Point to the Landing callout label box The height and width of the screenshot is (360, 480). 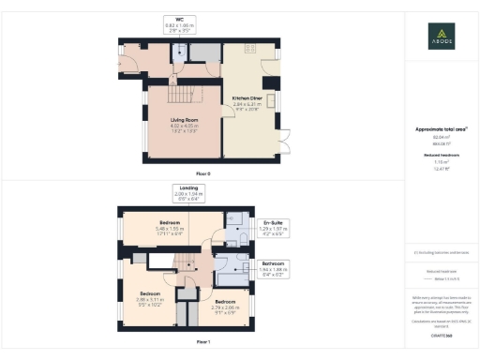click(187, 194)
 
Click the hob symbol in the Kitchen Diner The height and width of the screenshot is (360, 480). click(250, 48)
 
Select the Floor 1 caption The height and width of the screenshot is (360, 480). click(202, 343)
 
